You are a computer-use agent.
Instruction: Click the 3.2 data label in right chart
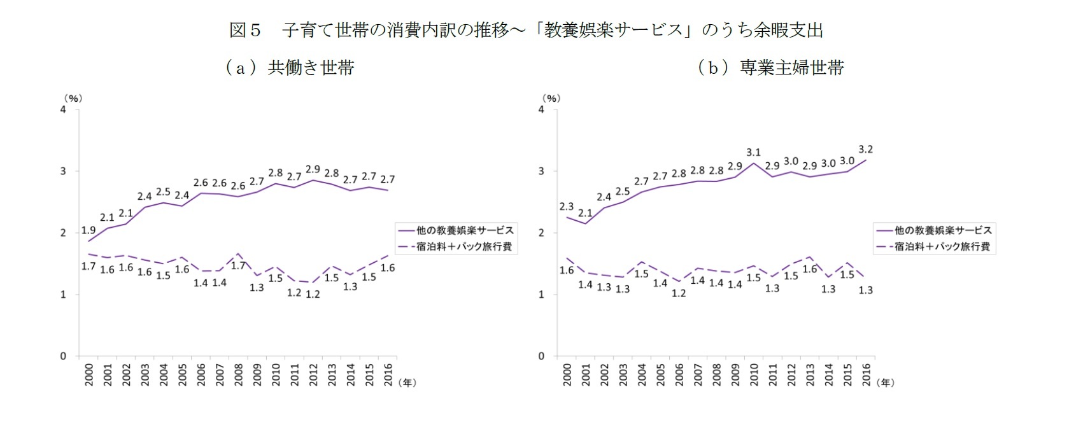[865, 150]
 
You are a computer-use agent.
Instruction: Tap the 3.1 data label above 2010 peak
[753, 153]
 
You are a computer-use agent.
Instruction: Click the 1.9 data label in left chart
[88, 230]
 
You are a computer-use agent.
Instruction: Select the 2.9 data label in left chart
[313, 169]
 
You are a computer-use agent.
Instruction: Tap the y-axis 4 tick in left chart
[63, 109]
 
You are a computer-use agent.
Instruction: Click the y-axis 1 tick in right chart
[541, 295]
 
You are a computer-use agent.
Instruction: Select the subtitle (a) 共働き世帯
[289, 67]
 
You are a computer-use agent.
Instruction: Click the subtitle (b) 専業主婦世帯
[771, 67]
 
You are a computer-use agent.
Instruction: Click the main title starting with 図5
[526, 30]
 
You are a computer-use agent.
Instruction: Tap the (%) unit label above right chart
[551, 98]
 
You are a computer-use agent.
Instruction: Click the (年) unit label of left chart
[407, 382]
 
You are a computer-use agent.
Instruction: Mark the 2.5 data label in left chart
[163, 192]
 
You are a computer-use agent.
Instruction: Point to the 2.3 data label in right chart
[566, 207]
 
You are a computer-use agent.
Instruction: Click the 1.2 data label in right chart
[679, 293]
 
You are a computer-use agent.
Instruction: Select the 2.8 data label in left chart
[275, 172]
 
